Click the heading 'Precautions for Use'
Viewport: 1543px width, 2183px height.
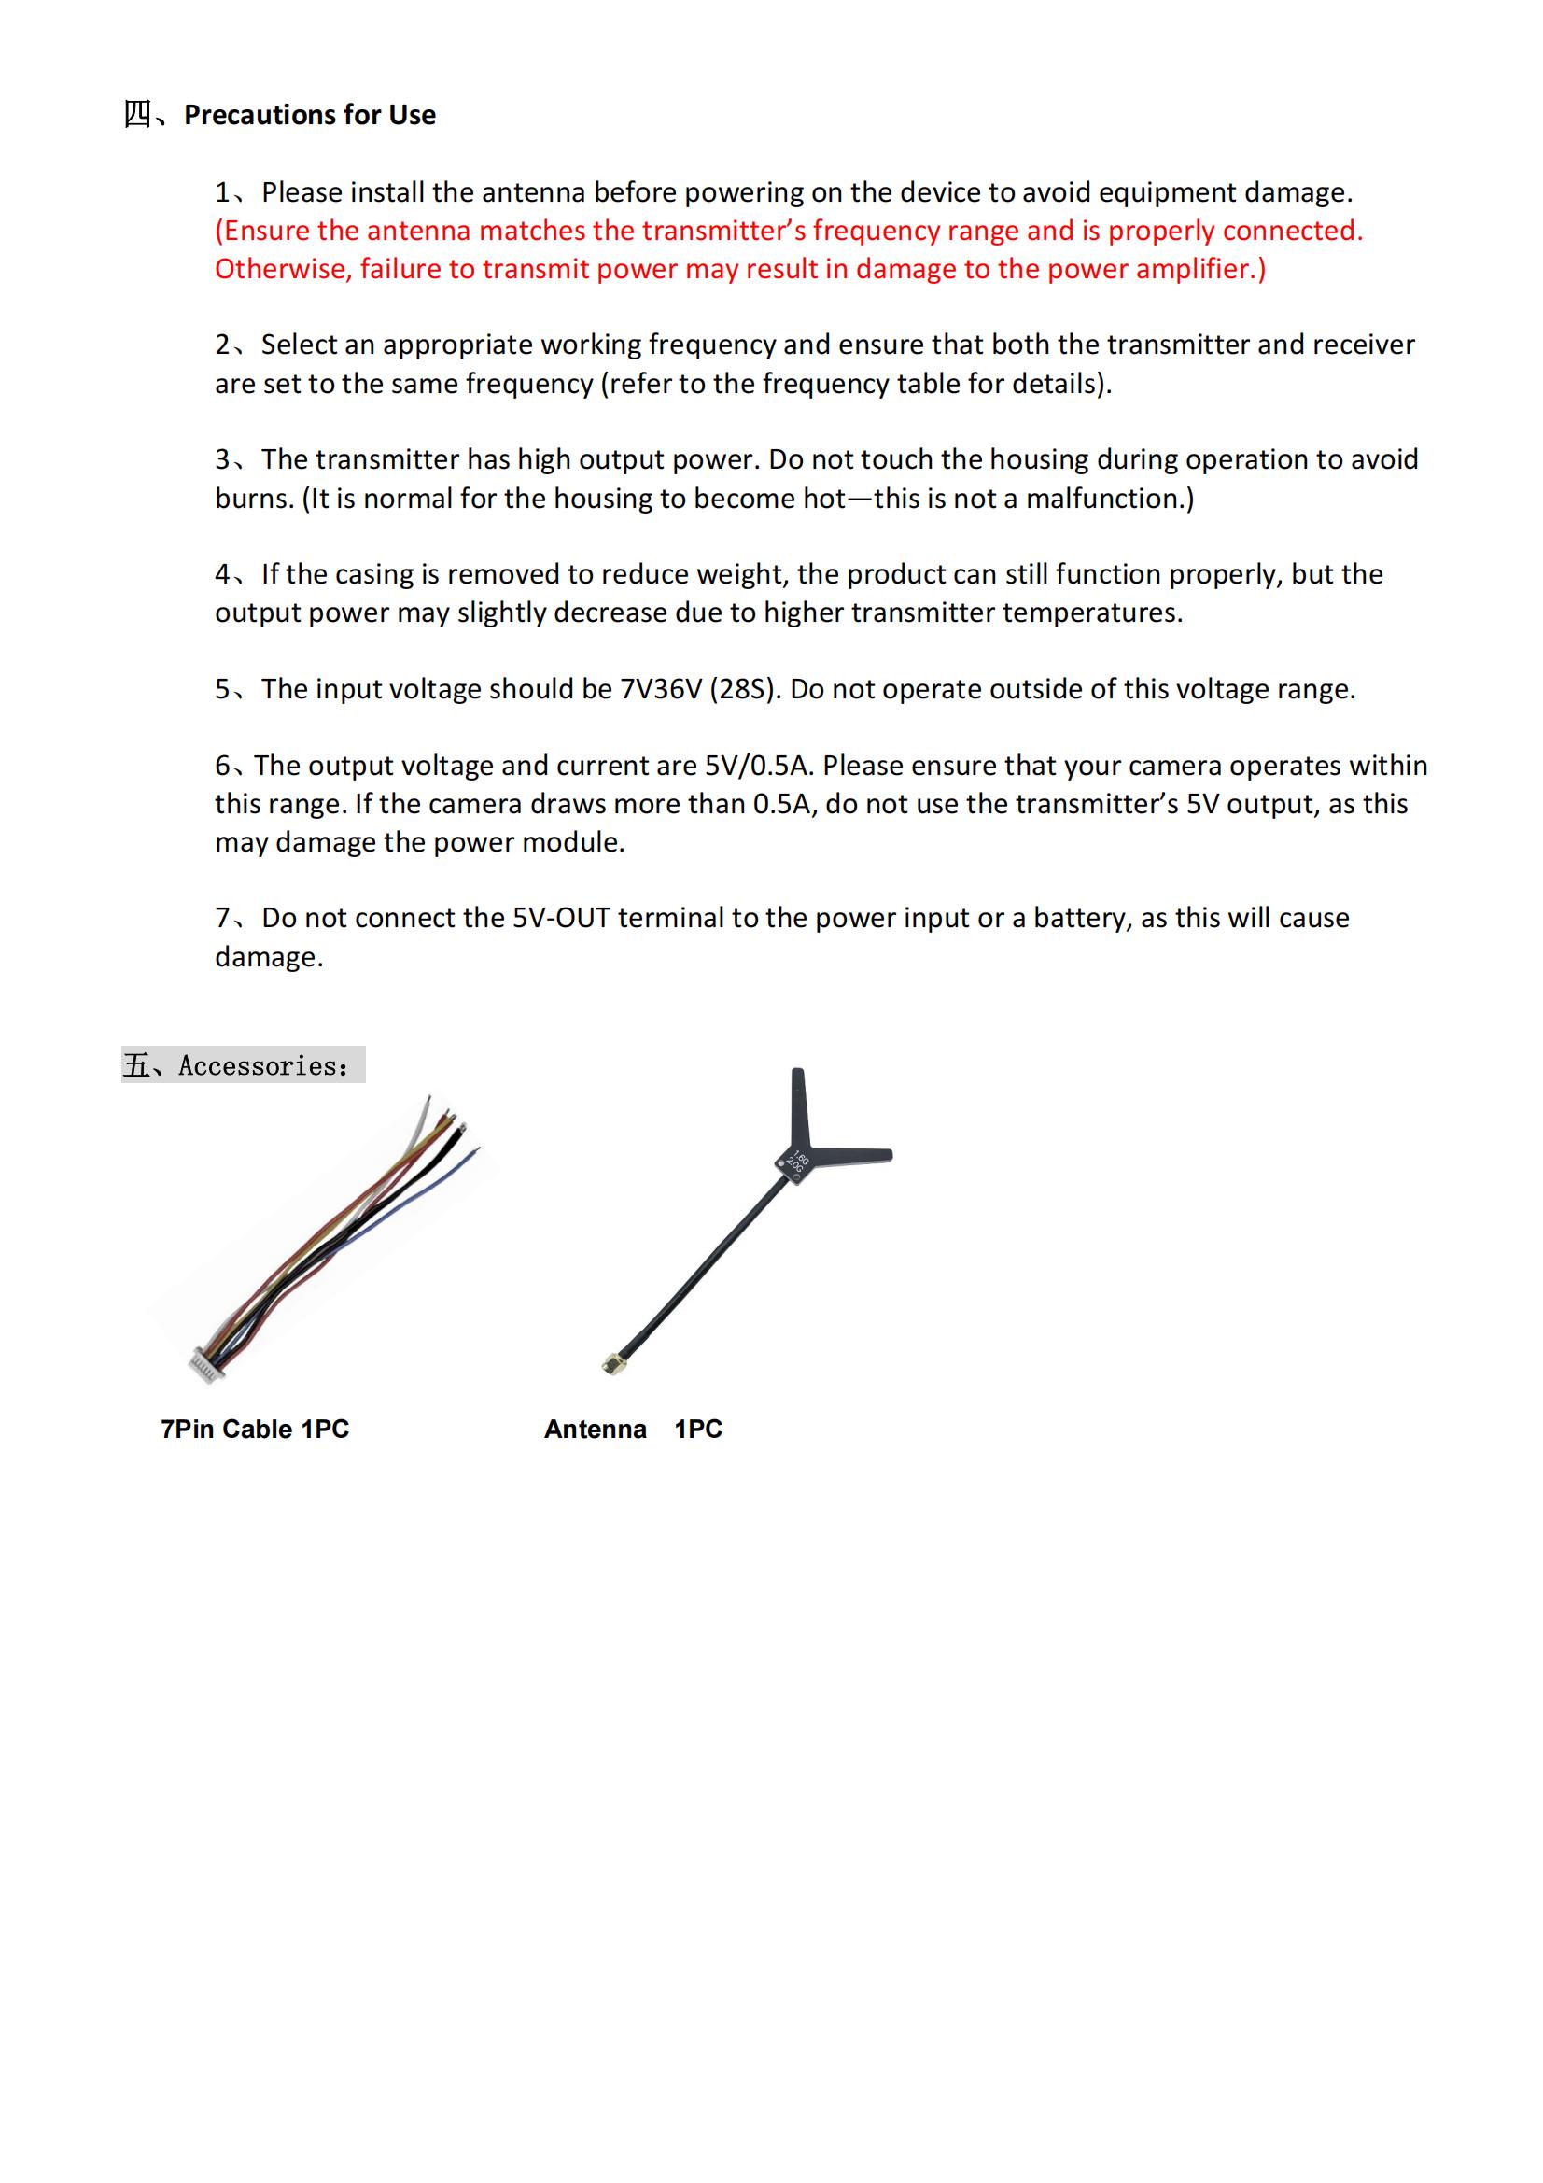(x=309, y=115)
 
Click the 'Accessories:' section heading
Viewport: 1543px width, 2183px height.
(x=262, y=1066)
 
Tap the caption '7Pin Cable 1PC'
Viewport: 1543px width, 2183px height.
(x=255, y=1429)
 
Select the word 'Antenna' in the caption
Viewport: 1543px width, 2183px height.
(x=596, y=1429)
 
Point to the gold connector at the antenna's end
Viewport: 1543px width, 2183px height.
(x=608, y=1366)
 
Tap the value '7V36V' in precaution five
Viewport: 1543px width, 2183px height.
(x=661, y=689)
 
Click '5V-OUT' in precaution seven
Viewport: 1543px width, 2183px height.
(x=561, y=919)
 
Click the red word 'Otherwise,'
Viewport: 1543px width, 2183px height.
(x=284, y=269)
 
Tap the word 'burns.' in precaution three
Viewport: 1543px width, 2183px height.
(x=254, y=499)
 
